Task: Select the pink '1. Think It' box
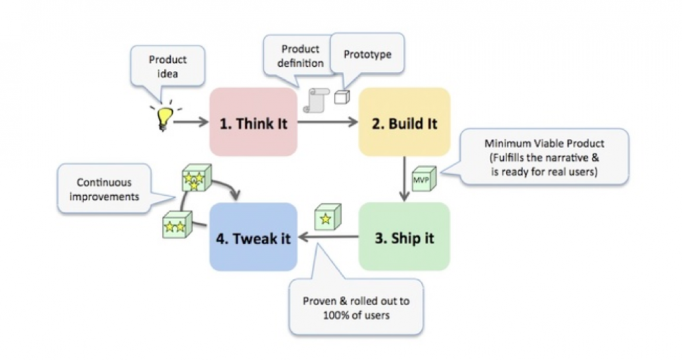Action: [253, 122]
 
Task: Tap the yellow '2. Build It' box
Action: [404, 122]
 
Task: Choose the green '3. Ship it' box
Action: [404, 236]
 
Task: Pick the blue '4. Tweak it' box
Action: [253, 236]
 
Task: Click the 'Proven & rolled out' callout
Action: [356, 307]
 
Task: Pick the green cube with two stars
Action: [176, 226]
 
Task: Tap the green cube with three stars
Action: [196, 178]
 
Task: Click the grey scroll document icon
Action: [317, 99]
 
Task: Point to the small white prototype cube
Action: [341, 97]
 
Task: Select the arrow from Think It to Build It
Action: [327, 122]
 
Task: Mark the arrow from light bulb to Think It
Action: [191, 122]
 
